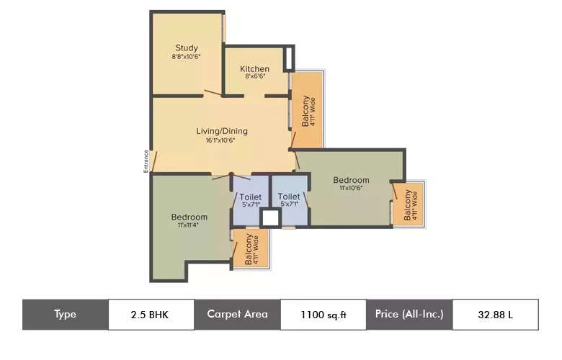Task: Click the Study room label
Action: click(186, 48)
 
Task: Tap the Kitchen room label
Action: click(255, 69)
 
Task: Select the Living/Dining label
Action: click(222, 131)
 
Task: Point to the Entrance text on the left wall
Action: click(146, 161)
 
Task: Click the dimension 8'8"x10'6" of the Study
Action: click(186, 57)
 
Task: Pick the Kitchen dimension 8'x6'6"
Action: click(255, 76)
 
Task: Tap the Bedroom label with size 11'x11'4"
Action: click(189, 217)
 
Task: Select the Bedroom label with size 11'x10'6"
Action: click(351, 180)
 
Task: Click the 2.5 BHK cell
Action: click(151, 314)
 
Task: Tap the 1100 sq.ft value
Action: click(323, 314)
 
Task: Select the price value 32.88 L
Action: click(495, 314)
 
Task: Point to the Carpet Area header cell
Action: click(237, 314)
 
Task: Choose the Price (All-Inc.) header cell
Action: click(409, 314)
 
